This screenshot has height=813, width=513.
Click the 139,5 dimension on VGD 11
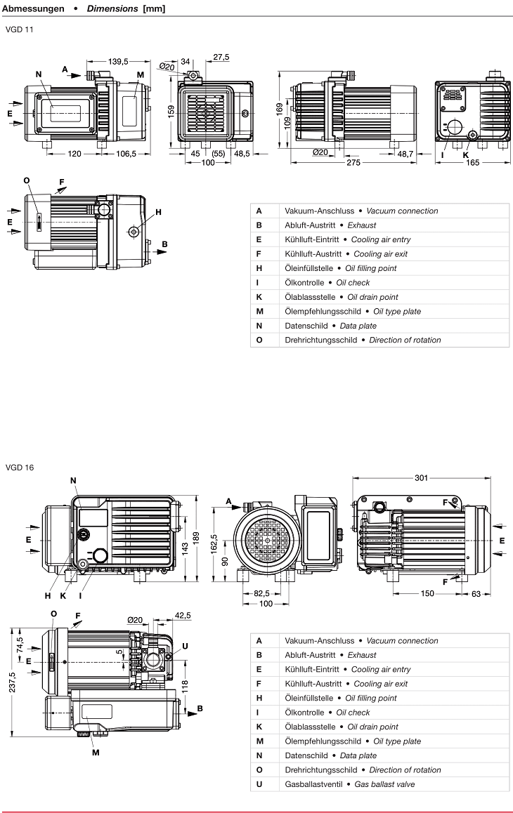(117, 62)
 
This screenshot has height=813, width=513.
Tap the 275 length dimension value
(353, 163)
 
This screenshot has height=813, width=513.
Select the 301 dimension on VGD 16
(420, 478)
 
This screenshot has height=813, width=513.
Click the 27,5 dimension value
(221, 57)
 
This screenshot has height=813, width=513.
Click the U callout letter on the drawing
(185, 646)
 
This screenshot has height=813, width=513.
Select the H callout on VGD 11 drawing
(158, 212)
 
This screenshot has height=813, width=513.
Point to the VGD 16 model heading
(19, 467)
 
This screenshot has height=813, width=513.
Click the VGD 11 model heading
(19, 29)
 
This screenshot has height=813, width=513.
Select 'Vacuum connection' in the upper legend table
(402, 211)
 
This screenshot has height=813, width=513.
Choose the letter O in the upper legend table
(259, 340)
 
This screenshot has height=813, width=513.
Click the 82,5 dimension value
(261, 593)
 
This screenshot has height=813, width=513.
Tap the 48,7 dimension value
(405, 153)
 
